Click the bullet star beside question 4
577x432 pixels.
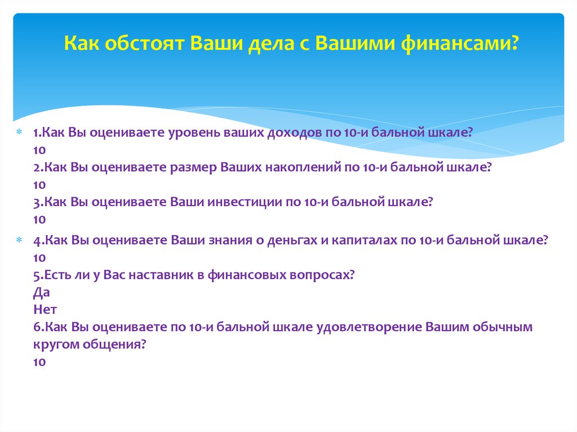[x=18, y=241]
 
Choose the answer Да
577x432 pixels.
[x=41, y=292]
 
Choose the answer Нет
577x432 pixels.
[x=45, y=310]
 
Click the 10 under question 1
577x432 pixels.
[x=39, y=150]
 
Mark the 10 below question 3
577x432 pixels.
[x=39, y=219]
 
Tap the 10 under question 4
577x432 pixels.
[x=39, y=258]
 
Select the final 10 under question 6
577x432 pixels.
[x=39, y=362]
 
